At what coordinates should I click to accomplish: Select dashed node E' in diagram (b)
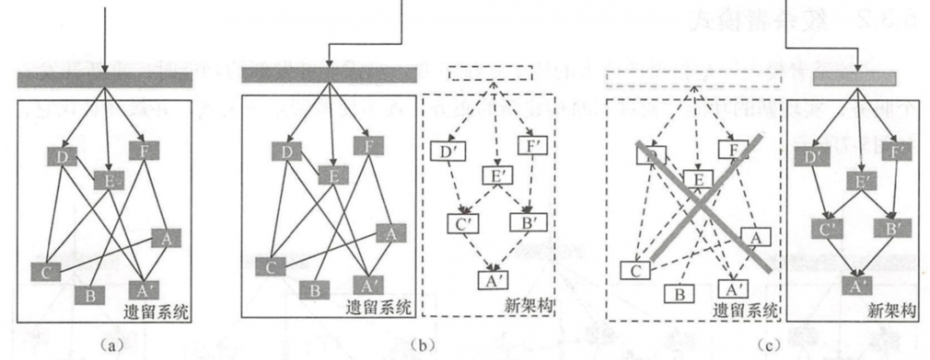(x=498, y=175)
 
